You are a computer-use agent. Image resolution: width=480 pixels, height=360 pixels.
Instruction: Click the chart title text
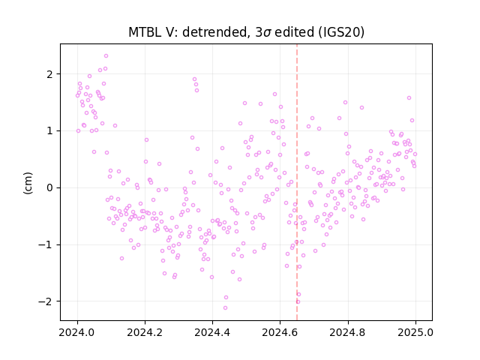[x=246, y=32]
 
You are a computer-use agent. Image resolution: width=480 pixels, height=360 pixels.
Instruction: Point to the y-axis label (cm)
[x=28, y=183]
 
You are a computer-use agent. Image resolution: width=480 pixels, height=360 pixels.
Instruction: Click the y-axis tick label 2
[x=50, y=74]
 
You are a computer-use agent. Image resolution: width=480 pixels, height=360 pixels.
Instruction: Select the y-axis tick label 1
[x=50, y=131]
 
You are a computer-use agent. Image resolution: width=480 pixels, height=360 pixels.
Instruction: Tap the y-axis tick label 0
[x=50, y=187]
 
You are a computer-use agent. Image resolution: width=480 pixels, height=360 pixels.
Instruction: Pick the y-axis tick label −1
[x=46, y=244]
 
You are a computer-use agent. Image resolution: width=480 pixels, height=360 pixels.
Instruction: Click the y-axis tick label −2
[x=46, y=301]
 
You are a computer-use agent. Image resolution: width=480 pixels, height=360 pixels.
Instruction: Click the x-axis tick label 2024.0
[x=77, y=332]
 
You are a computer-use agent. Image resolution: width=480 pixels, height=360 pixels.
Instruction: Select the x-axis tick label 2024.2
[x=145, y=332]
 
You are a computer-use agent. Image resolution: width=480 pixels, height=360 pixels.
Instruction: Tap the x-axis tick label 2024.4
[x=212, y=332]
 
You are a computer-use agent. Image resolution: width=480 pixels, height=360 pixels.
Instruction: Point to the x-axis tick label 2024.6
[x=280, y=332]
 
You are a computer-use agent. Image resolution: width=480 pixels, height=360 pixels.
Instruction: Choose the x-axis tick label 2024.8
[x=348, y=332]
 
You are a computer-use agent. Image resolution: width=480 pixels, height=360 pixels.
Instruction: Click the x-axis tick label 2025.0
[x=415, y=332]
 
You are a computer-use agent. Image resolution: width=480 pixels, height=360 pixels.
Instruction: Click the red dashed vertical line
[x=297, y=182]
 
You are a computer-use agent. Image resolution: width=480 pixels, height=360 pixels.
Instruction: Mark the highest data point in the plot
[x=106, y=56]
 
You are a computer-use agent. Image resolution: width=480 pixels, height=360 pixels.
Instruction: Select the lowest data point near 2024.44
[x=225, y=308]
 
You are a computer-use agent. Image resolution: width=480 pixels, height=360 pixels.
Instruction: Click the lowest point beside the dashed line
[x=298, y=301]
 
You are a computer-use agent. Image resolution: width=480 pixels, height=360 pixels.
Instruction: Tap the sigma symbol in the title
[x=267, y=33]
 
